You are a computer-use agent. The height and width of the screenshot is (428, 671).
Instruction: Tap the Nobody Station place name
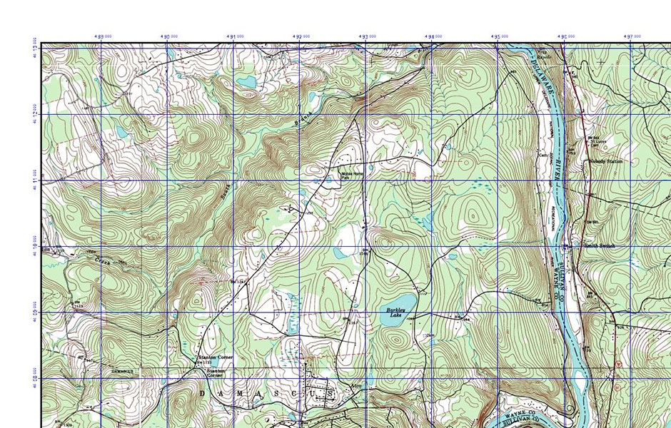[606, 162]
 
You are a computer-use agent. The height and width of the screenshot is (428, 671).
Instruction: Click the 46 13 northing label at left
[34, 54]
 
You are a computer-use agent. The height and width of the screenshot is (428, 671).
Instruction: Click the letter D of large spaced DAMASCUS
[202, 393]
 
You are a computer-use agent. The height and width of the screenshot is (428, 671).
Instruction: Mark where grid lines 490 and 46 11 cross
[167, 181]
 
